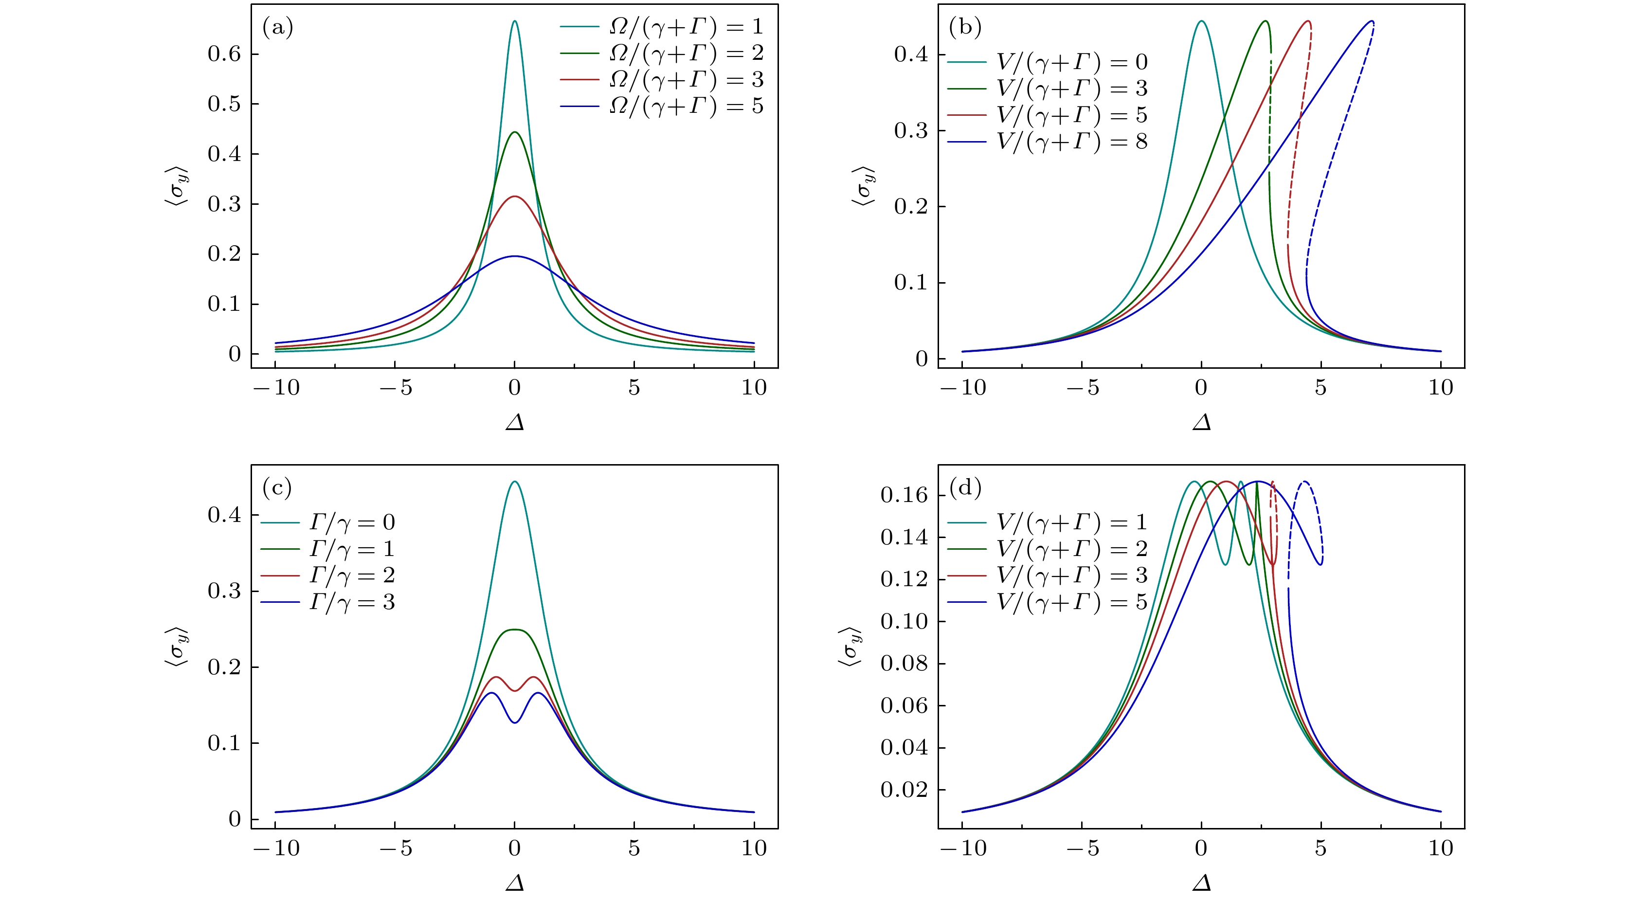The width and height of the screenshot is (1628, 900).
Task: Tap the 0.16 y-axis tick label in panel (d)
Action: [x=904, y=495]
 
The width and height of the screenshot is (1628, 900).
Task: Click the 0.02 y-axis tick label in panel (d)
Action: [x=904, y=790]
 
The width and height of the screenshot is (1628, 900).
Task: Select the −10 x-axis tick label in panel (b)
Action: [x=962, y=387]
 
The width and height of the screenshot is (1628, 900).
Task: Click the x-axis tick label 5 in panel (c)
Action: [x=634, y=848]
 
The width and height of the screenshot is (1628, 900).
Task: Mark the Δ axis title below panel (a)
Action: [x=515, y=422]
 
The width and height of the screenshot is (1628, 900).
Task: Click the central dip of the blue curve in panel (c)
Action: [x=515, y=722]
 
